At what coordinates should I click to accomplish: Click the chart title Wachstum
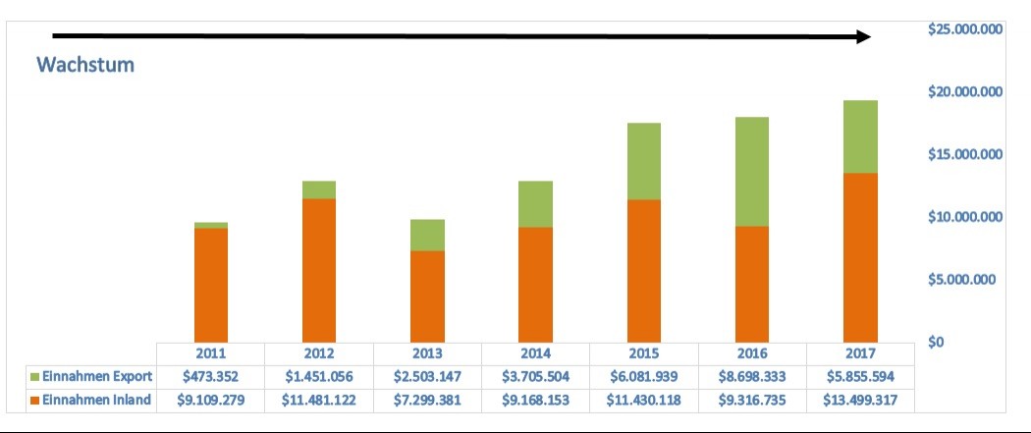[85, 65]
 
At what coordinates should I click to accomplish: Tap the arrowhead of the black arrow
[862, 36]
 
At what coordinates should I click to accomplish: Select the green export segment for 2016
[751, 172]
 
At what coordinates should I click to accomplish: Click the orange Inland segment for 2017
[859, 257]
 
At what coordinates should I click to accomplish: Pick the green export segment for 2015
[643, 161]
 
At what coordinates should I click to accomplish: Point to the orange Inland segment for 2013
[427, 297]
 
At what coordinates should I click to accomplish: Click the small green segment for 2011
[211, 225]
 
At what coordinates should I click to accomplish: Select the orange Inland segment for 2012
[319, 270]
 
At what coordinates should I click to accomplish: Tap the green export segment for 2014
[535, 204]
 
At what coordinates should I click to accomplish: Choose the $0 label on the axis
[939, 342]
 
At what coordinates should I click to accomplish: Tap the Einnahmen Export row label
[97, 376]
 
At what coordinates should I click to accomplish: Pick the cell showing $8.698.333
[751, 376]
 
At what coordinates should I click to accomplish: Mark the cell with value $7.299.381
[427, 400]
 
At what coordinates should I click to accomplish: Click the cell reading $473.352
[211, 376]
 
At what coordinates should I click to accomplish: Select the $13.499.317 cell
[859, 400]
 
